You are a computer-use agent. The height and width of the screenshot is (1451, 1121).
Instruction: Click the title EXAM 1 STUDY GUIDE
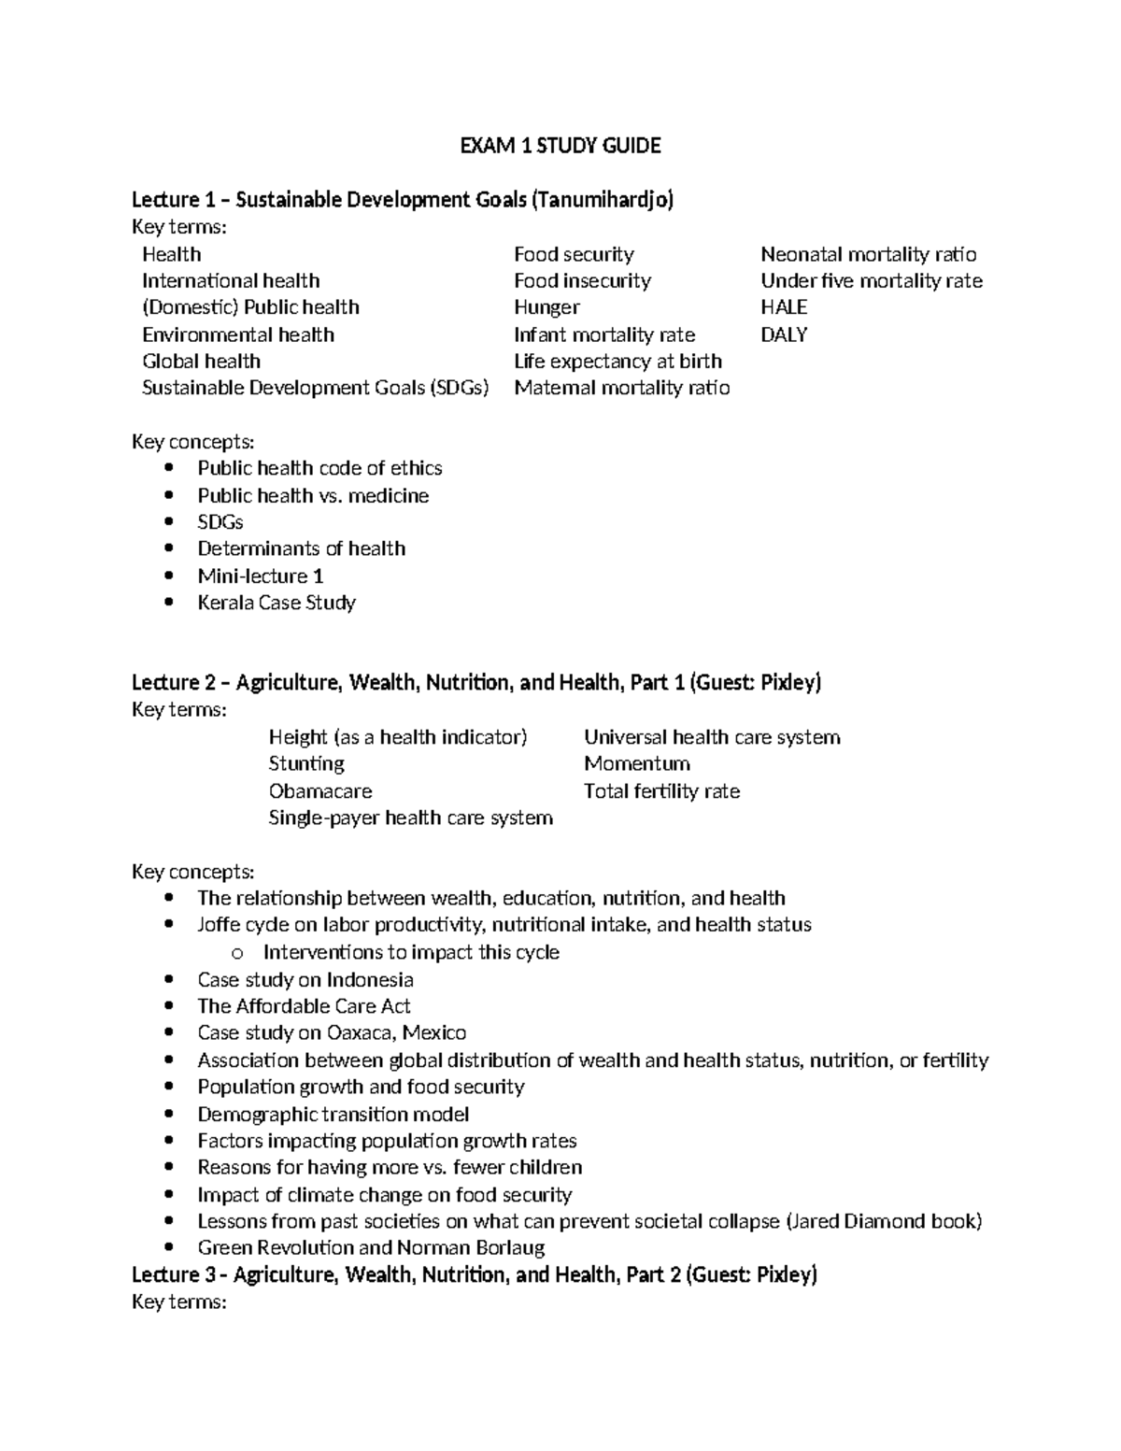(x=560, y=146)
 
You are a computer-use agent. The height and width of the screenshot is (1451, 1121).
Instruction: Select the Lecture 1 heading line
(x=402, y=200)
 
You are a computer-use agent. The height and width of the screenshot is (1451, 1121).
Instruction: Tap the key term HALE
(x=783, y=307)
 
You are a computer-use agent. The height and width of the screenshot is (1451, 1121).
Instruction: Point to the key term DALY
(x=783, y=334)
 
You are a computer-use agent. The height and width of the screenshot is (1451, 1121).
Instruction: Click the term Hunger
(x=546, y=307)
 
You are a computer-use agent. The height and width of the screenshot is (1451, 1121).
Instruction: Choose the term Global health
(x=201, y=362)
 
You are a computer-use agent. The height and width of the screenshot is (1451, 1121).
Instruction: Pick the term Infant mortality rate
(x=603, y=334)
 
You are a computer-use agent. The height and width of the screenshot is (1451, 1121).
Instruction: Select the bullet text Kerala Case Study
(x=277, y=603)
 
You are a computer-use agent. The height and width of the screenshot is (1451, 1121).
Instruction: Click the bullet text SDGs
(x=220, y=522)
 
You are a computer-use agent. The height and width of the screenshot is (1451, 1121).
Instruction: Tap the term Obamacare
(x=319, y=791)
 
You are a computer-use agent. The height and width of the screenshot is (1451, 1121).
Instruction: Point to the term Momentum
(x=636, y=764)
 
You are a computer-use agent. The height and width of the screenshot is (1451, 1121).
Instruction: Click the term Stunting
(x=306, y=764)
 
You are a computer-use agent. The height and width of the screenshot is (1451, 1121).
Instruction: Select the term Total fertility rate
(x=661, y=791)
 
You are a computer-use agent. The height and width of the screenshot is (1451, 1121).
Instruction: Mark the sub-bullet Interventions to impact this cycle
(x=411, y=952)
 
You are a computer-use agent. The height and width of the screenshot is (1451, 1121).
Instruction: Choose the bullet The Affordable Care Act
(x=304, y=1006)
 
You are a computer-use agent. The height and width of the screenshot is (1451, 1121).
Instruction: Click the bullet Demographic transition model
(x=333, y=1115)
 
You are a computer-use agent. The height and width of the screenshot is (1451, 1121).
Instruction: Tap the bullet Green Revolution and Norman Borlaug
(x=371, y=1248)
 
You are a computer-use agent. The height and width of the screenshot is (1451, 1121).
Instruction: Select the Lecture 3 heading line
(x=475, y=1275)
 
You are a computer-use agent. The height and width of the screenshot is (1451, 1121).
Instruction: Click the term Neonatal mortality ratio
(x=868, y=254)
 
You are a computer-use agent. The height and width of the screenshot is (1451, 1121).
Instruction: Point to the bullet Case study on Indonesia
(x=305, y=980)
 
